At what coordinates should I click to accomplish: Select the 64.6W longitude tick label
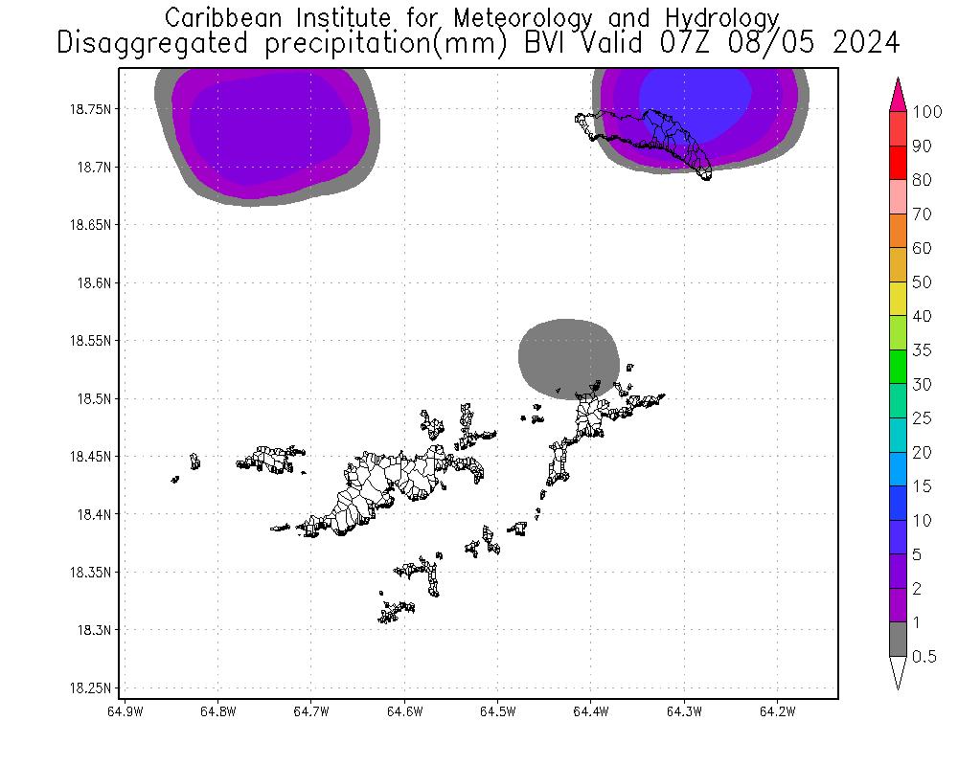(405, 711)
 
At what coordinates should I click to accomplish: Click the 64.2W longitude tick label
(777, 711)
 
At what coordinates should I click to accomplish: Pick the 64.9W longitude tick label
(125, 711)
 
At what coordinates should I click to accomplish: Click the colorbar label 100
(927, 111)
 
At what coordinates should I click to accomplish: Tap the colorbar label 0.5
(924, 657)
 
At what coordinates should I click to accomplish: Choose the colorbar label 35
(922, 350)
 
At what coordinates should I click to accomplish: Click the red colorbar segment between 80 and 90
(898, 162)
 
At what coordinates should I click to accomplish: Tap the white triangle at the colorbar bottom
(898, 672)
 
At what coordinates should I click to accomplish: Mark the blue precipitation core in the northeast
(695, 94)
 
